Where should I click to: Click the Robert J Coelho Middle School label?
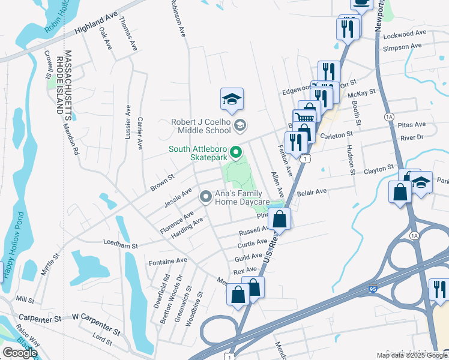[200, 125]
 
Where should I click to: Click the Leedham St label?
[121, 245]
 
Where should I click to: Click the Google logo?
[19, 353]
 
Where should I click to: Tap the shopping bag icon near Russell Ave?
[280, 219]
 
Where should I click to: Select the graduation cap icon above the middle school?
[232, 100]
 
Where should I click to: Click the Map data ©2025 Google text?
[412, 355]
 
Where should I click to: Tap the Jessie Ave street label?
[178, 197]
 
